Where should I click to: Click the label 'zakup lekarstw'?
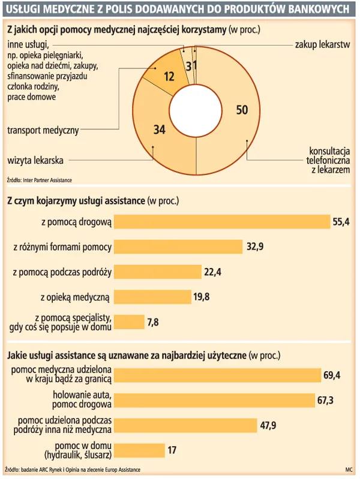point(322,45)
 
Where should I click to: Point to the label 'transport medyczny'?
point(43,129)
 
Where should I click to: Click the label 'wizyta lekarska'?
point(35,160)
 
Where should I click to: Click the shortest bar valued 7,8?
point(128,321)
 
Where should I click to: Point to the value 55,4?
point(341,222)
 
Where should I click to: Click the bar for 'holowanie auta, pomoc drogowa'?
point(214,400)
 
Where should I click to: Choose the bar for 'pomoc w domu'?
point(139,450)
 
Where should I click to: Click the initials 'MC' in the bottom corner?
point(348,469)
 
